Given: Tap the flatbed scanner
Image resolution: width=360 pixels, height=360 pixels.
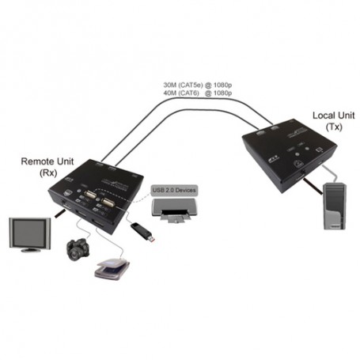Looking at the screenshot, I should [111, 269].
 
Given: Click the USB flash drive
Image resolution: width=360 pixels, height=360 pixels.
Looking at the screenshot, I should [142, 232].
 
